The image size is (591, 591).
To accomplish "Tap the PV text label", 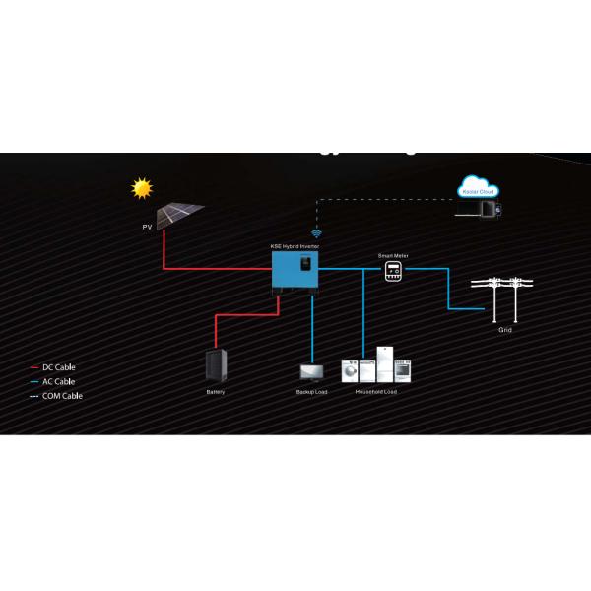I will click(148, 228).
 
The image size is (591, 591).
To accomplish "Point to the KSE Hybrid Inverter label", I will click(295, 245).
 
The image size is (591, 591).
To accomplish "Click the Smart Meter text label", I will click(393, 255).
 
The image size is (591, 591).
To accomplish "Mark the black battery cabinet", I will click(216, 366).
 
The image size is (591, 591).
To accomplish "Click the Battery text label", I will click(216, 392).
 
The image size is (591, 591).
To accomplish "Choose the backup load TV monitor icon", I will click(311, 372).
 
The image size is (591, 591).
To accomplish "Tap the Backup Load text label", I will click(311, 392).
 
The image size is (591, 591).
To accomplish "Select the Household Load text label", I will click(375, 392).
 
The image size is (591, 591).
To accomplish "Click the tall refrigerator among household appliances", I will click(383, 364).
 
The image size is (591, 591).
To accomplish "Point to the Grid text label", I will click(505, 330).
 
